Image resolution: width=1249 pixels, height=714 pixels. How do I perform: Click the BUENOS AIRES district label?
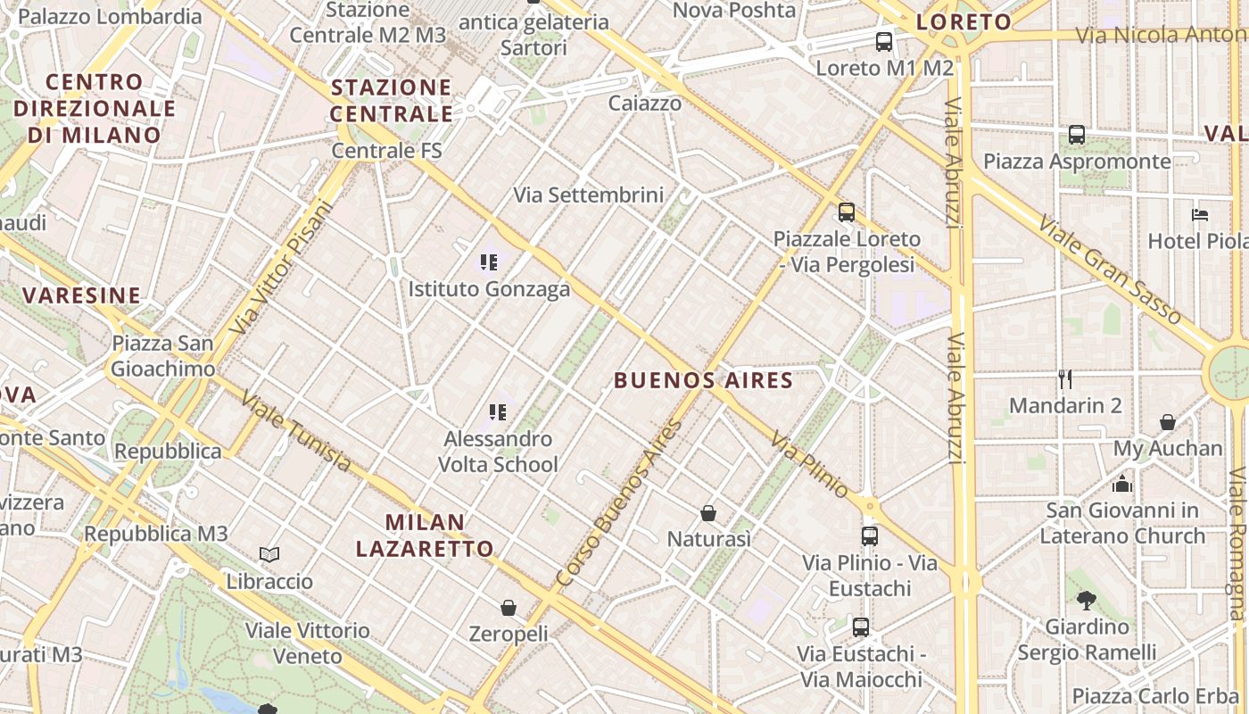pyautogui.click(x=703, y=380)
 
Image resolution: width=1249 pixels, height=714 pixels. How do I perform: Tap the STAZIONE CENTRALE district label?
pyautogui.click(x=391, y=101)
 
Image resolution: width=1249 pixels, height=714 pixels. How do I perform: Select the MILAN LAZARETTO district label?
pyautogui.click(x=425, y=535)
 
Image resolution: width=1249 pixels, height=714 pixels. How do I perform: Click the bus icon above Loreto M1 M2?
pyautogui.click(x=883, y=41)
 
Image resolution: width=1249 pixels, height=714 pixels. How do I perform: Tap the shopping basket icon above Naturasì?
pyautogui.click(x=708, y=513)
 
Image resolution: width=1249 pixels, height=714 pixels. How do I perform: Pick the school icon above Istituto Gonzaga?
pyautogui.click(x=489, y=262)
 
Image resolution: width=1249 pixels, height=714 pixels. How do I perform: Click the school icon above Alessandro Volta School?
pyautogui.click(x=498, y=412)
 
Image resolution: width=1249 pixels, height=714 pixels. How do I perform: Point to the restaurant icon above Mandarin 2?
pyautogui.click(x=1064, y=379)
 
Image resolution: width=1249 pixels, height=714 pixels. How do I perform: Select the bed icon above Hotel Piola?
pyautogui.click(x=1200, y=215)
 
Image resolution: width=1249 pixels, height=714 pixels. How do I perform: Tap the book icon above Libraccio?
pyautogui.click(x=269, y=555)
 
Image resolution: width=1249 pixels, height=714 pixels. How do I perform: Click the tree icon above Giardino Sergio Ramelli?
pyautogui.click(x=1086, y=600)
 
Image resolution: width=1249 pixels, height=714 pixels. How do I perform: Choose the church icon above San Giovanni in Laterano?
pyautogui.click(x=1121, y=484)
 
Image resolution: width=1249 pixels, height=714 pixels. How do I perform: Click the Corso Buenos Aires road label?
pyautogui.click(x=618, y=503)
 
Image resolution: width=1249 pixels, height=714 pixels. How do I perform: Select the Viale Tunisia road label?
pyautogui.click(x=295, y=433)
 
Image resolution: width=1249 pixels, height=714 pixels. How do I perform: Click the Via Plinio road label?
pyautogui.click(x=810, y=464)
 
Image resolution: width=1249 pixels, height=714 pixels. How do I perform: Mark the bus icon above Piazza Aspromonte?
pyautogui.click(x=1077, y=135)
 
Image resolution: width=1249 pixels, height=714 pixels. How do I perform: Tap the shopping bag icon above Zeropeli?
pyautogui.click(x=509, y=608)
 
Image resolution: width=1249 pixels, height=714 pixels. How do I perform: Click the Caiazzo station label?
pyautogui.click(x=645, y=104)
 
